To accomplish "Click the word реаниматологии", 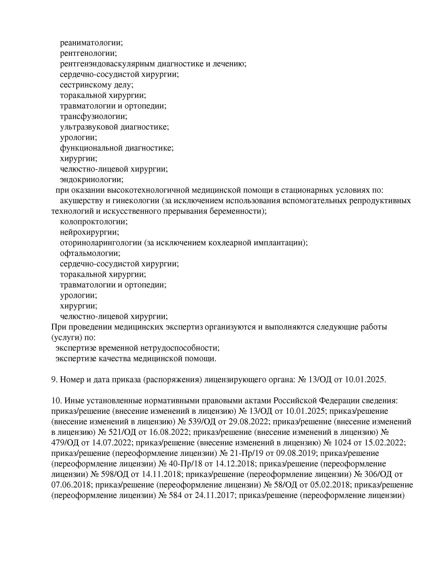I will (x=91, y=43).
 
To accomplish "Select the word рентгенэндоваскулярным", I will (x=108, y=64).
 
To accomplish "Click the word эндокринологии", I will (x=91, y=179).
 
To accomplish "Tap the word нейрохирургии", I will (x=89, y=232).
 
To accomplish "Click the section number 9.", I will (x=54, y=380).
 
